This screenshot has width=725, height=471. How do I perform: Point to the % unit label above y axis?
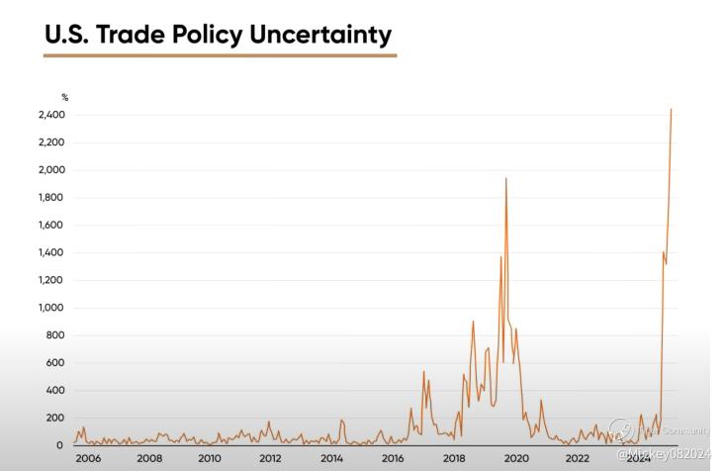[x=65, y=97]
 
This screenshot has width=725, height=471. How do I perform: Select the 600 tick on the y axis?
[x=57, y=363]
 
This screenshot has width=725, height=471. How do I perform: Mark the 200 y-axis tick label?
[x=57, y=419]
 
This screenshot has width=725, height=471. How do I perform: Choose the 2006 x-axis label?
[x=89, y=458]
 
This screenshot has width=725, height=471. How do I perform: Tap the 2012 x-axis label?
[x=270, y=458]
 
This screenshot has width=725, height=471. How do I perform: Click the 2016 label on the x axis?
[x=393, y=458]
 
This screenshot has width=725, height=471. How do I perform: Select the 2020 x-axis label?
[x=515, y=458]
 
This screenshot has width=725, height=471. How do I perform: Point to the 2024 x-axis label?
[x=638, y=458]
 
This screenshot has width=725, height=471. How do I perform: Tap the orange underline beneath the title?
[x=220, y=55]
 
